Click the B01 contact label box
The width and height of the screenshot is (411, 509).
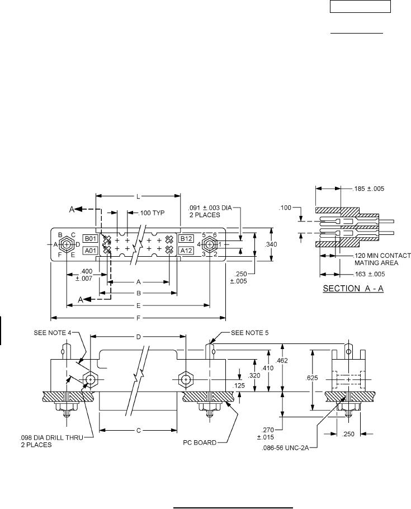(x=90, y=239)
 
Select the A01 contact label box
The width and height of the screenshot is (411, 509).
(x=90, y=250)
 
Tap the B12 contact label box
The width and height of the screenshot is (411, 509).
(x=186, y=239)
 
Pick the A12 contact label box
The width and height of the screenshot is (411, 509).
(x=186, y=250)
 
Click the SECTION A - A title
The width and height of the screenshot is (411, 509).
(x=353, y=289)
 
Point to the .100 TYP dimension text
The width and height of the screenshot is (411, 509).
(x=152, y=213)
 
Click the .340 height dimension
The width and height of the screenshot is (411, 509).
(x=271, y=244)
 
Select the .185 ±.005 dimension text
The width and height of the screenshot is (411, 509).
(x=369, y=188)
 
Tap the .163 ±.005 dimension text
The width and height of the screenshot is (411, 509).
(x=369, y=274)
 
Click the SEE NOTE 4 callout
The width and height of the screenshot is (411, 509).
(x=52, y=333)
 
